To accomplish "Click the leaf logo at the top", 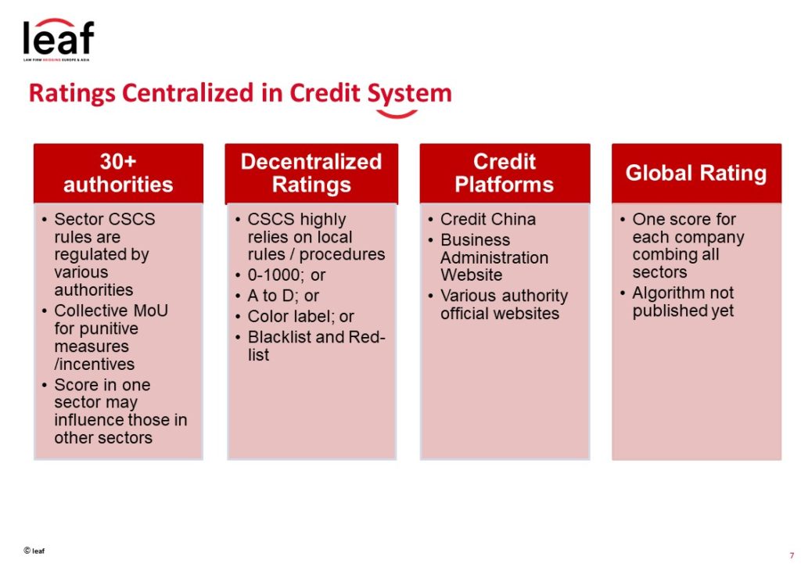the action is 58,39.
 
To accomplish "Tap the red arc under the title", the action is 397,114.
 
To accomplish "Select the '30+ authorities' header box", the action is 119,173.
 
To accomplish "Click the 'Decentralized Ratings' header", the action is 311,173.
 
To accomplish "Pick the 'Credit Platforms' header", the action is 505,173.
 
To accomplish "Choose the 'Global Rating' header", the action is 696,173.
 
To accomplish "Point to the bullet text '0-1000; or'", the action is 286,275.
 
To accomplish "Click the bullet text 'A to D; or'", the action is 283,296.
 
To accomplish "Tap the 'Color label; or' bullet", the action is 301,317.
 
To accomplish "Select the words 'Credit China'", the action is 488,219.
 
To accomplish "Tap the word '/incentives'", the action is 95,364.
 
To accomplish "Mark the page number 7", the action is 792,556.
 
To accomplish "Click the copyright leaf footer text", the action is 34,551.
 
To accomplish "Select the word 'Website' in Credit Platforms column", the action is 471,275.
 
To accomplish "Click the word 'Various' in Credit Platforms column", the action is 469,296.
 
